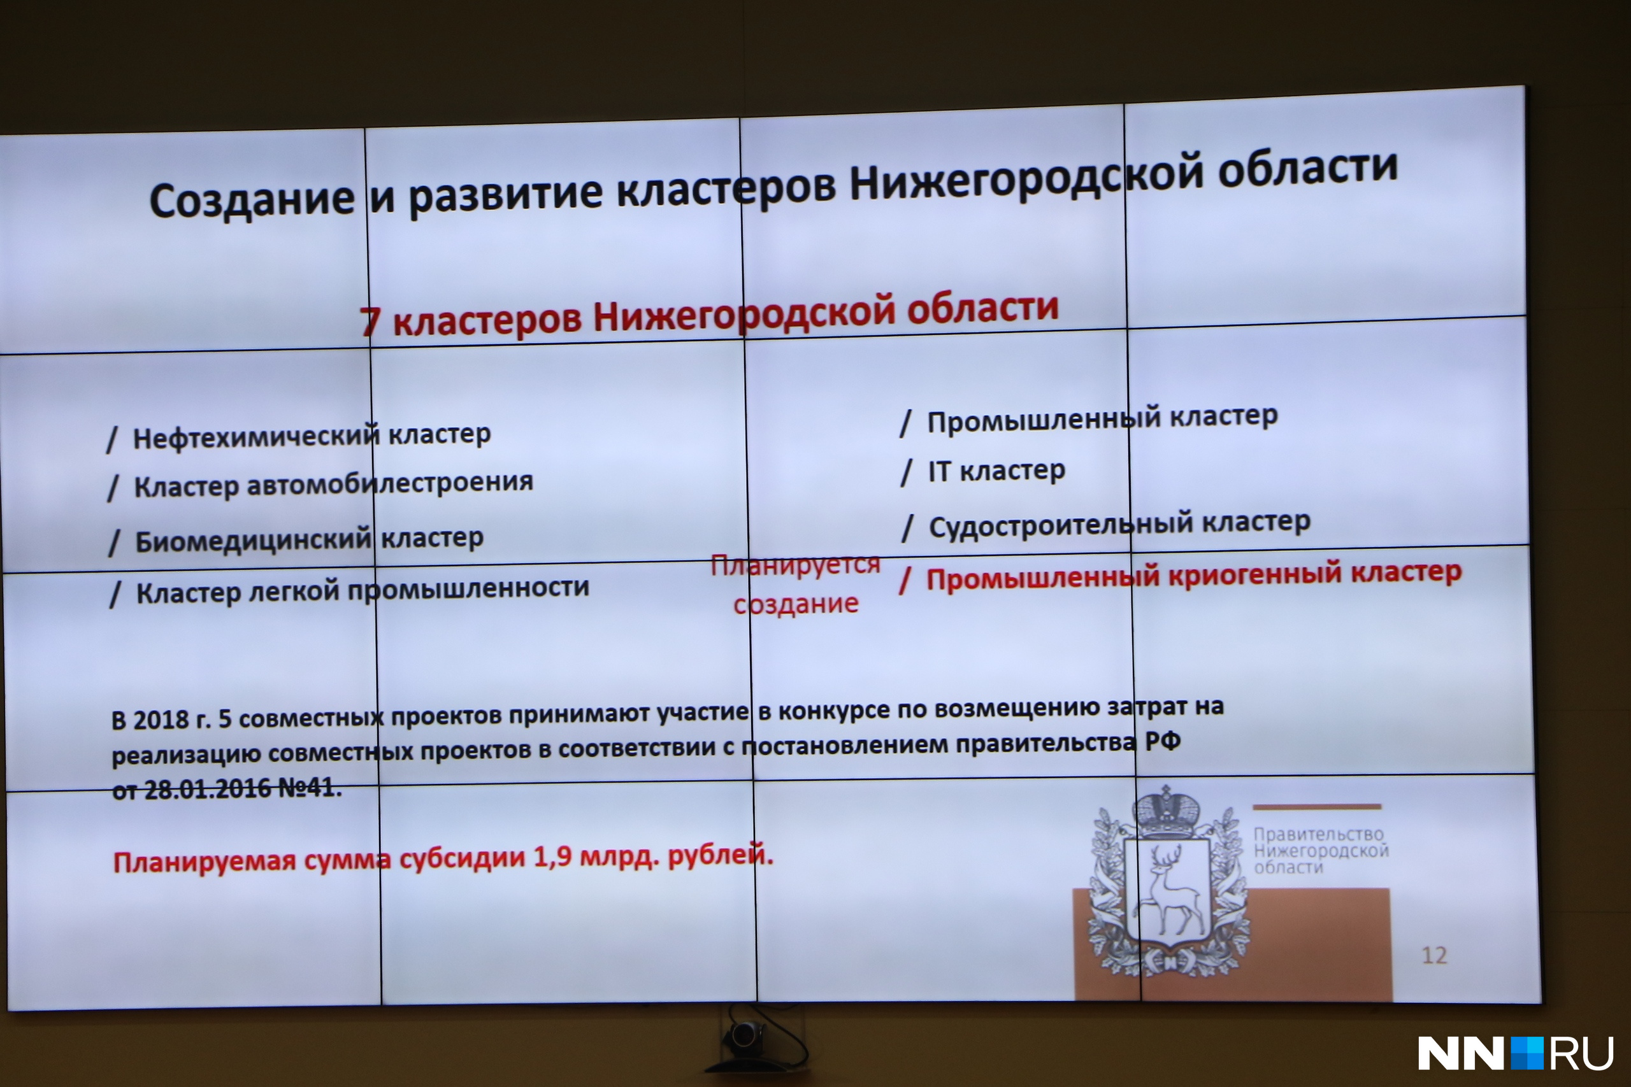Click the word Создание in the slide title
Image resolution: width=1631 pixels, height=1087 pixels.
(252, 200)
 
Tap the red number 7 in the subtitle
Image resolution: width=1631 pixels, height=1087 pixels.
(370, 320)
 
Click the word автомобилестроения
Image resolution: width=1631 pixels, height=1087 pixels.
(390, 483)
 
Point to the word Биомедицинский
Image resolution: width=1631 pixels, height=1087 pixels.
(253, 539)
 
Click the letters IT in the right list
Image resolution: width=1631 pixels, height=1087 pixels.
(939, 471)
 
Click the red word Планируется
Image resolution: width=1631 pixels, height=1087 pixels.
(795, 565)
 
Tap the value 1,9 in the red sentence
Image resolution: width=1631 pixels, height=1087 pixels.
(552, 858)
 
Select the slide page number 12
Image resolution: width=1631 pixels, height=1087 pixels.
(1434, 955)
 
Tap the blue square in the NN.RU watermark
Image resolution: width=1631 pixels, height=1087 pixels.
(1527, 1053)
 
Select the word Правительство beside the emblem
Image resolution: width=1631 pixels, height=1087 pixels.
(1318, 834)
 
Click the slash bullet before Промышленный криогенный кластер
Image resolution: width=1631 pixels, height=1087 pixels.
(905, 581)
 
